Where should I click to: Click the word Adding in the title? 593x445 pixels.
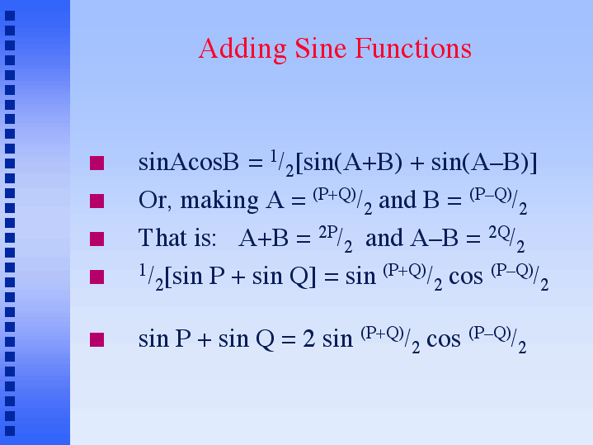(242, 50)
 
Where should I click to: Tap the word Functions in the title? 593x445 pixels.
(413, 48)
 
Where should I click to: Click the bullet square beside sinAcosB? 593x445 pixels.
(96, 163)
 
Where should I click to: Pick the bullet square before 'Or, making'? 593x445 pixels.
(96, 201)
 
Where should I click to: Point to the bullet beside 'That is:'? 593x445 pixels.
(96, 239)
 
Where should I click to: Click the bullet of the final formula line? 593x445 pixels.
(96, 339)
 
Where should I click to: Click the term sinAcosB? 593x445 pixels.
(189, 163)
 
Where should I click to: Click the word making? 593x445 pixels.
(219, 201)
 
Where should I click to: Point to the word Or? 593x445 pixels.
(152, 201)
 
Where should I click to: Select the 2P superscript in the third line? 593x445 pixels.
(328, 233)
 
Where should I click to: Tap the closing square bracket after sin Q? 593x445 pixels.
(313, 277)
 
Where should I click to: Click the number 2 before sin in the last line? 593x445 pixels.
(308, 339)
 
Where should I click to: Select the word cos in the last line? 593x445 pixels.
(444, 339)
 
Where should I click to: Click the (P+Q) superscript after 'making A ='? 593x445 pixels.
(334, 195)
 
